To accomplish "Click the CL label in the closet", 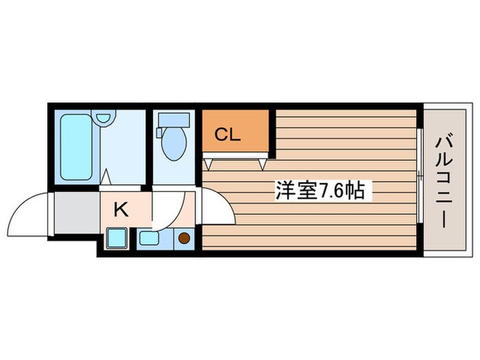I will point(228,135).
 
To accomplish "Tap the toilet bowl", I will point(171,145).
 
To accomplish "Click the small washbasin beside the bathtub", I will point(103,118).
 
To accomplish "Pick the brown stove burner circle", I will point(184,239).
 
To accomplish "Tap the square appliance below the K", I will point(115,239).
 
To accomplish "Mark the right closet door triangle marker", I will point(263,164).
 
